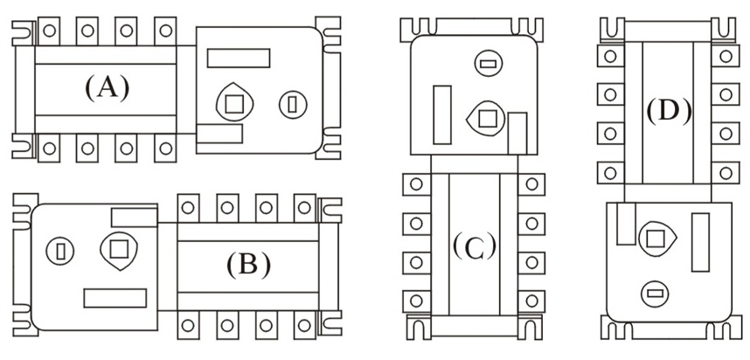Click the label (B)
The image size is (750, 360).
coord(248,264)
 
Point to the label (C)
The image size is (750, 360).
coord(474,246)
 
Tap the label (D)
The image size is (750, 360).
coord(669,110)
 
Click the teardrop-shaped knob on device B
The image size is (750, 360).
coord(119,250)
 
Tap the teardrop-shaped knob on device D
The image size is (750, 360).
coord(656,237)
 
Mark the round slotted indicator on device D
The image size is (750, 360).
coord(652,292)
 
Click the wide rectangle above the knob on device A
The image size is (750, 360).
coord(238,59)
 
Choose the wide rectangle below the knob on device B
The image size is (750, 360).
coord(115,297)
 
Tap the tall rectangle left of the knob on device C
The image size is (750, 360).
coord(442,113)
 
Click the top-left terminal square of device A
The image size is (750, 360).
coord(49,30)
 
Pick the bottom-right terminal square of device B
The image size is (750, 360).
coord(305,325)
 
